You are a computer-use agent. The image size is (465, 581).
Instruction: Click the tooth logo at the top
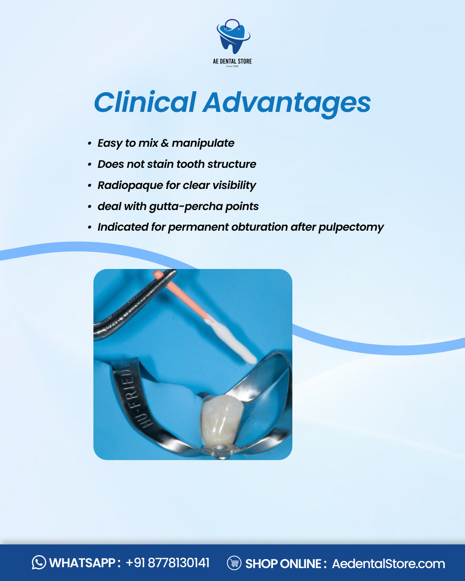[232, 37]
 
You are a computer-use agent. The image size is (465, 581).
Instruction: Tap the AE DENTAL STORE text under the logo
[232, 61]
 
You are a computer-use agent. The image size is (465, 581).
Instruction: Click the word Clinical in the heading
[145, 103]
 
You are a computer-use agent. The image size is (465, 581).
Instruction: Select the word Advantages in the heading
[287, 103]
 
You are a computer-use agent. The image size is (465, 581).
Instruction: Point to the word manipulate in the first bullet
[203, 143]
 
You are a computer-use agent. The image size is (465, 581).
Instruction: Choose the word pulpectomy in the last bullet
[351, 227]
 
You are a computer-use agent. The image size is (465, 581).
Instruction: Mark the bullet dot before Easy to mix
[90, 143]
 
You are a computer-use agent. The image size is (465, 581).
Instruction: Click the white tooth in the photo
[219, 420]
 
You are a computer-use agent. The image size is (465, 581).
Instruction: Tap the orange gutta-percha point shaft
[183, 297]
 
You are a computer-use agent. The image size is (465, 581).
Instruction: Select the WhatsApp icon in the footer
[39, 562]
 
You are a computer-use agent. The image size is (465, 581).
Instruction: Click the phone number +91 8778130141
[167, 563]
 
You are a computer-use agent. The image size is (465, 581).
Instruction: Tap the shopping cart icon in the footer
[234, 563]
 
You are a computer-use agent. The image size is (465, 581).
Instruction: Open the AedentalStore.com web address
[388, 563]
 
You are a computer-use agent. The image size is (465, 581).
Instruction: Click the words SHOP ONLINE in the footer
[283, 563]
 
